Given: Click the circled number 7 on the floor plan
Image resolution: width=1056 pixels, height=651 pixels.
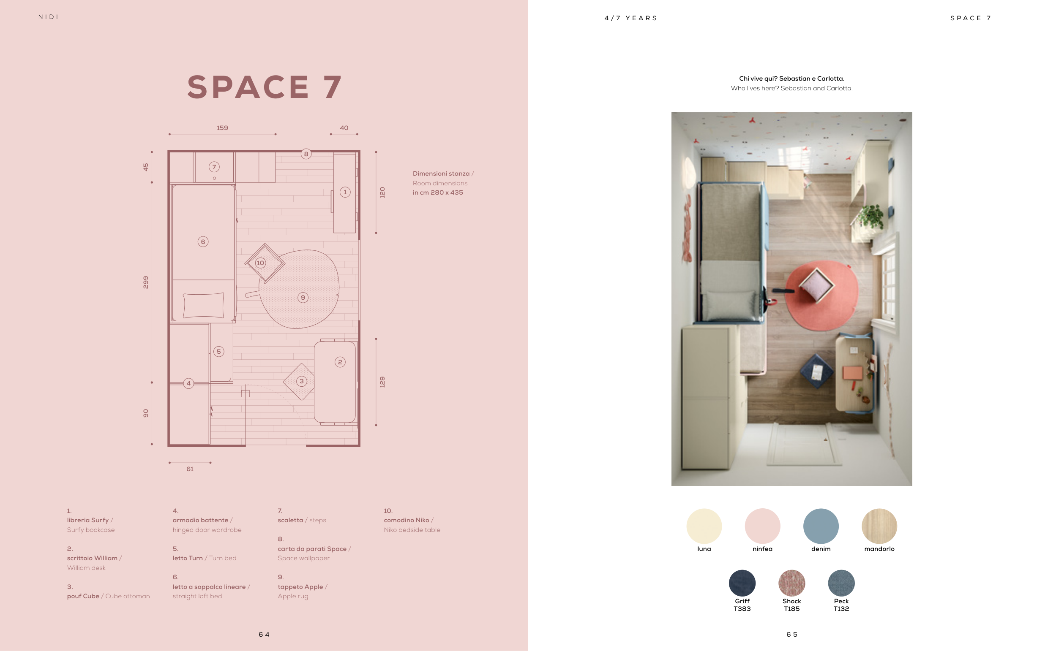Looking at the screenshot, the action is pyautogui.click(x=214, y=167).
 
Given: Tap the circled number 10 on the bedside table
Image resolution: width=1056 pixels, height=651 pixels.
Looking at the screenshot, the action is pyautogui.click(x=260, y=263).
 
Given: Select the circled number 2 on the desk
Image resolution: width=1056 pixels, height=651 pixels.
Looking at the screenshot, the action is pyautogui.click(x=340, y=362).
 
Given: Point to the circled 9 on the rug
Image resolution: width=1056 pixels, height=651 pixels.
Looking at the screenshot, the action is pyautogui.click(x=303, y=298).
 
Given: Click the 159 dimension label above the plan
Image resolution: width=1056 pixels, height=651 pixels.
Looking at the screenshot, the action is pyautogui.click(x=222, y=128).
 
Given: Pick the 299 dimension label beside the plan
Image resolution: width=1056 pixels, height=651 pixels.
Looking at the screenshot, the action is pyautogui.click(x=146, y=282).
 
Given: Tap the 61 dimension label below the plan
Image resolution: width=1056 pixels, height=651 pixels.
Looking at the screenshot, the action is pyautogui.click(x=190, y=469).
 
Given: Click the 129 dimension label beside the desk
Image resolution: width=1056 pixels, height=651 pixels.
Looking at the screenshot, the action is pyautogui.click(x=382, y=382).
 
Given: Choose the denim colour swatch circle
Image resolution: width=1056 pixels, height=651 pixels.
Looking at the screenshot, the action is pyautogui.click(x=821, y=526).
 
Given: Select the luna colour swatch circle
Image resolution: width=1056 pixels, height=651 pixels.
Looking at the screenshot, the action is pyautogui.click(x=704, y=526).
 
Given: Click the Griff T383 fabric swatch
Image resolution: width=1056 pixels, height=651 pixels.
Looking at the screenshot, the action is pyautogui.click(x=742, y=583).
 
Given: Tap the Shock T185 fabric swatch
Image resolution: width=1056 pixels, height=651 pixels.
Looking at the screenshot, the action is pyautogui.click(x=791, y=583).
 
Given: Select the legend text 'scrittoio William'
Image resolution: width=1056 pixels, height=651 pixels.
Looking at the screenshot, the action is pyautogui.click(x=92, y=558).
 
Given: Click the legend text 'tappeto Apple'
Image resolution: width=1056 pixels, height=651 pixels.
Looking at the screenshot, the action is pyautogui.click(x=300, y=587).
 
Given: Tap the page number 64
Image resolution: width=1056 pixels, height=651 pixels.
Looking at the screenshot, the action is pyautogui.click(x=264, y=634).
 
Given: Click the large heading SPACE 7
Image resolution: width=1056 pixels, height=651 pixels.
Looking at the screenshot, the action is pyautogui.click(x=265, y=87).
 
